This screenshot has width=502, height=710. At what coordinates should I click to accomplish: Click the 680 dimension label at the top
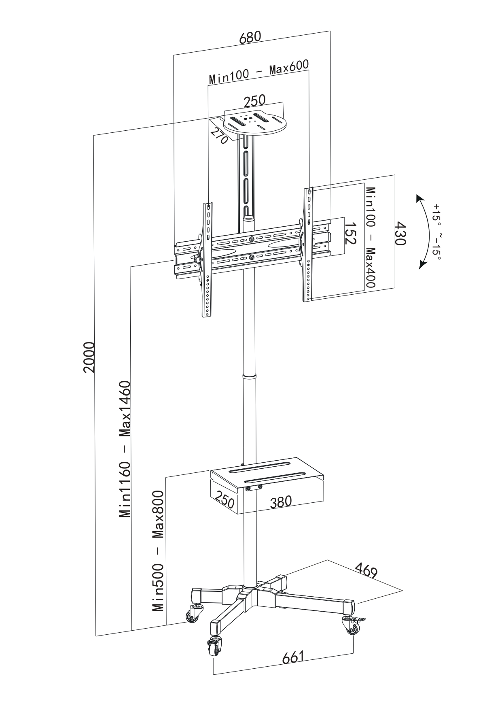250,37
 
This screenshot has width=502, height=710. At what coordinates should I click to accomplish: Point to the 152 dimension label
350,232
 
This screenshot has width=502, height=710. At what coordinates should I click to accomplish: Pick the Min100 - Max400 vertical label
371,237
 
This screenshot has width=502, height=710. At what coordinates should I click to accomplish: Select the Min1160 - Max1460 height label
125,449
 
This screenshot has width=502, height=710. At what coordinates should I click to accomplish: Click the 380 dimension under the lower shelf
281,502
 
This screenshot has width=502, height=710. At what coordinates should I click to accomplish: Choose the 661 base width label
293,657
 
